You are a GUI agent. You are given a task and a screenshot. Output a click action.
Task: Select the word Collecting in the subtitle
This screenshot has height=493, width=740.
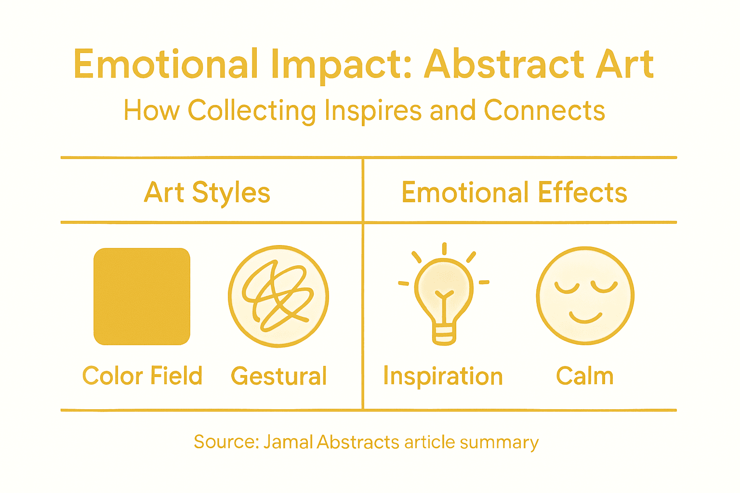pyautogui.click(x=251, y=111)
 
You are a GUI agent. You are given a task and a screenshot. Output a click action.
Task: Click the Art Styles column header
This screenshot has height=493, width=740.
pyautogui.click(x=207, y=193)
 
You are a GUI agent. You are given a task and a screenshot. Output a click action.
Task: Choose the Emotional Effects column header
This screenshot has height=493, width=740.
pyautogui.click(x=514, y=193)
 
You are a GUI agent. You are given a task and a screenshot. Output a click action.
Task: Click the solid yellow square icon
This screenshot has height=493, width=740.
pyautogui.click(x=142, y=297)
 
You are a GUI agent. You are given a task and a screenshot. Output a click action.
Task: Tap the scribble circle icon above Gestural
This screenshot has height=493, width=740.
pyautogui.click(x=278, y=297)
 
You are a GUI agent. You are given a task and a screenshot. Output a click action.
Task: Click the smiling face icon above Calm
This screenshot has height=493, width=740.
pyautogui.click(x=585, y=296)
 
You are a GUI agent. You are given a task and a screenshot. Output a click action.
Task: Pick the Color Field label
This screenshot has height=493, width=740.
pyautogui.click(x=142, y=376)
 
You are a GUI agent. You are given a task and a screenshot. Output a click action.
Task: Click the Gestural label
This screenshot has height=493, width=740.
pyautogui.click(x=278, y=376)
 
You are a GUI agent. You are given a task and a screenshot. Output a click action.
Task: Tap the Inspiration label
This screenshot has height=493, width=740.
pyautogui.click(x=443, y=376)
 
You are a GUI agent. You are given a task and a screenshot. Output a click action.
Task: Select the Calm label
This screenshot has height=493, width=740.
pyautogui.click(x=585, y=376)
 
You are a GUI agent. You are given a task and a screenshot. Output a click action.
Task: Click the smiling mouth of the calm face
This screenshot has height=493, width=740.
pyautogui.click(x=585, y=318)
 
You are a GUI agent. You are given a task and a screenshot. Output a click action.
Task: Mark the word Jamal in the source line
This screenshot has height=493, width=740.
pyautogui.click(x=288, y=442)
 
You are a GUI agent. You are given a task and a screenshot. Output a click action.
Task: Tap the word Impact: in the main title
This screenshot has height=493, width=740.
pyautogui.click(x=341, y=64)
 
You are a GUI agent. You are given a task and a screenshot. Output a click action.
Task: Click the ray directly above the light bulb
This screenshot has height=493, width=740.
pyautogui.click(x=444, y=249)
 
